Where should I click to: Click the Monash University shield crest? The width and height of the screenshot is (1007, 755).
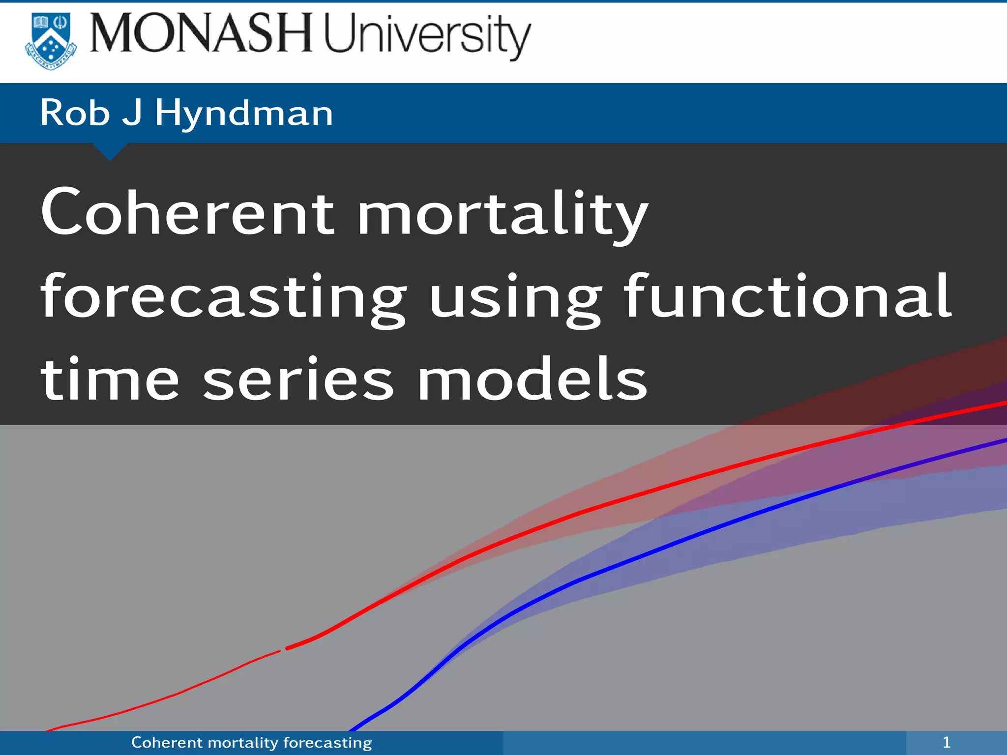(x=51, y=41)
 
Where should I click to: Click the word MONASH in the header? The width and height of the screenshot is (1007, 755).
(x=201, y=33)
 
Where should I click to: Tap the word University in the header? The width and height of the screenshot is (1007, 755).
(x=427, y=35)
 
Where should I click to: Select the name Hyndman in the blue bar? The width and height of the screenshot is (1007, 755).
(x=244, y=113)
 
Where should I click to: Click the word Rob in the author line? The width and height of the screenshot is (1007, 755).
(x=75, y=113)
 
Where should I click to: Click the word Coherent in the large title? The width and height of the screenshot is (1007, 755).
(x=188, y=212)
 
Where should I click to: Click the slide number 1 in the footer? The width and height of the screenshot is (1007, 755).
(x=946, y=742)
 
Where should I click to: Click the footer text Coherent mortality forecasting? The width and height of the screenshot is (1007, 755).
(x=251, y=742)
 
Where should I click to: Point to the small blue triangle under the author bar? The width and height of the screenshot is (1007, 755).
(x=110, y=150)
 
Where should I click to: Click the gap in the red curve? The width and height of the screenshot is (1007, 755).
(x=283, y=650)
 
